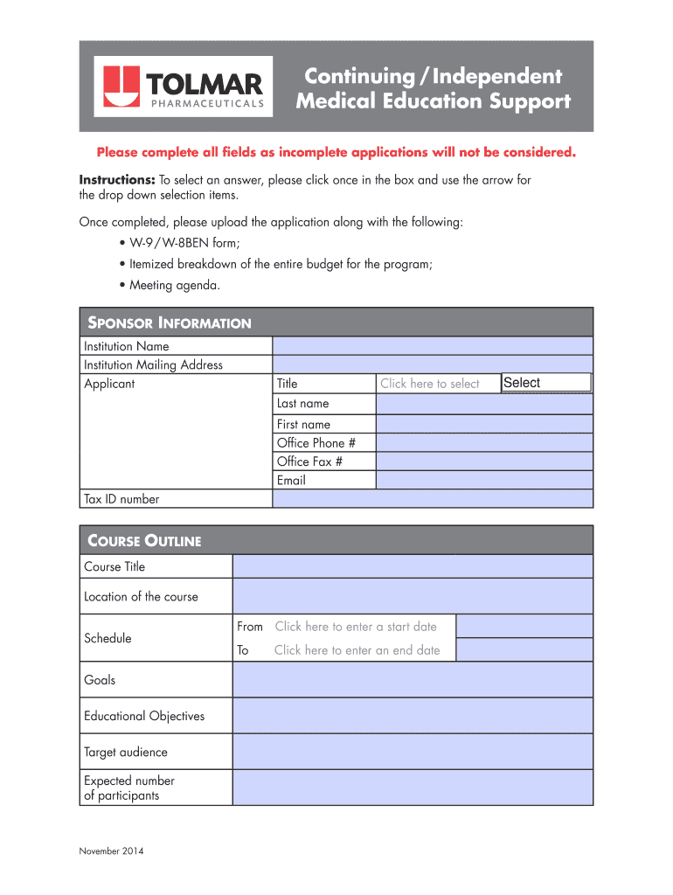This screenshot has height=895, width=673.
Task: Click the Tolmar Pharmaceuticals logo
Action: coord(184,87)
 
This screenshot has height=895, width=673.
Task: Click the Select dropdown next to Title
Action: coord(546,383)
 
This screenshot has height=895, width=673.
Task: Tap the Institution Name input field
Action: coord(433,346)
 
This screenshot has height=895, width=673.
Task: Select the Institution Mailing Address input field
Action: coord(433,364)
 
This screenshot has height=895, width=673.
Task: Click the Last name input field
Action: coord(484,404)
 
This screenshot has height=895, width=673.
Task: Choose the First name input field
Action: coord(484,424)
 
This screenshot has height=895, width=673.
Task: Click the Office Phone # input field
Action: coord(484,443)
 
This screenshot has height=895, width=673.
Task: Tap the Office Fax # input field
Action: coord(484,461)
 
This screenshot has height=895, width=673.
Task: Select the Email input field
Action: coord(484,480)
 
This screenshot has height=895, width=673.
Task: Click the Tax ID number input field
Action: coord(433,499)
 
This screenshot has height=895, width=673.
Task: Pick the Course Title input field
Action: coord(413,566)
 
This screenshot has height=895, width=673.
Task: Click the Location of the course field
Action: coord(413,597)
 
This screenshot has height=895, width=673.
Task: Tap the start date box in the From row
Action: coord(524,627)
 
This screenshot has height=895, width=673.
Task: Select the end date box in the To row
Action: coord(524,650)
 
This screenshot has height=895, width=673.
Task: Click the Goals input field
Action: coord(413,680)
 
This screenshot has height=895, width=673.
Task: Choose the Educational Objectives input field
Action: coord(413,716)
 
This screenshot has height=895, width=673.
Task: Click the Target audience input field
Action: coord(413,752)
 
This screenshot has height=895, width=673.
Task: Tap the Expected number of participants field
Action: coord(413,787)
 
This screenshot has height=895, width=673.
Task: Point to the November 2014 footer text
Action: coord(111,851)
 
